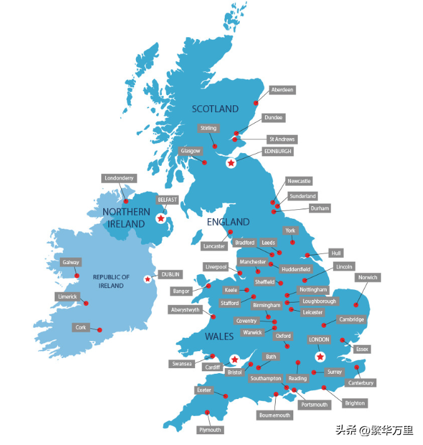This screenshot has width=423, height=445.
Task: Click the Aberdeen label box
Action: click(282, 90)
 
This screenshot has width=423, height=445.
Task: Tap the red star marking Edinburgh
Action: click(231, 163)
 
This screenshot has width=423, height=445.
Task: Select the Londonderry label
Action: click(119, 178)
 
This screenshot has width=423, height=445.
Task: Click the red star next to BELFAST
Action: click(161, 219)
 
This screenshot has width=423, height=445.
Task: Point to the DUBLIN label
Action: click(171, 274)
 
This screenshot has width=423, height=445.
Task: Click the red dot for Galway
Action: click(77, 275)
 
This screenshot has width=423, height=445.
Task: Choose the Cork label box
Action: click(81, 328)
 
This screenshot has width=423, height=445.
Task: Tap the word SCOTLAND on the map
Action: click(215, 108)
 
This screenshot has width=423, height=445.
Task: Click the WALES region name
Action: click(219, 337)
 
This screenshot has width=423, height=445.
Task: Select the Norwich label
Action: click(368, 277)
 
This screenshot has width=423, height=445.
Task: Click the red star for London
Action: click(320, 357)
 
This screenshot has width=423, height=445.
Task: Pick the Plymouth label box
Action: click(210, 430)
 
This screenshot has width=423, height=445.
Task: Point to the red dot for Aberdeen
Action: click(256, 103)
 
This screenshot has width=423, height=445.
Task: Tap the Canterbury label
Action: click(361, 383)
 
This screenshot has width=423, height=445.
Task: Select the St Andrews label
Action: click(281, 139)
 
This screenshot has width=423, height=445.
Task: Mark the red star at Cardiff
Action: click(234, 359)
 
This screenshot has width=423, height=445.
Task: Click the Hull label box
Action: click(336, 253)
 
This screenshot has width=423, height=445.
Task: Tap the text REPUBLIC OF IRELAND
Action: click(111, 281)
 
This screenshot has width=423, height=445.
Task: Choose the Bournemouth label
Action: click(275, 415)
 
